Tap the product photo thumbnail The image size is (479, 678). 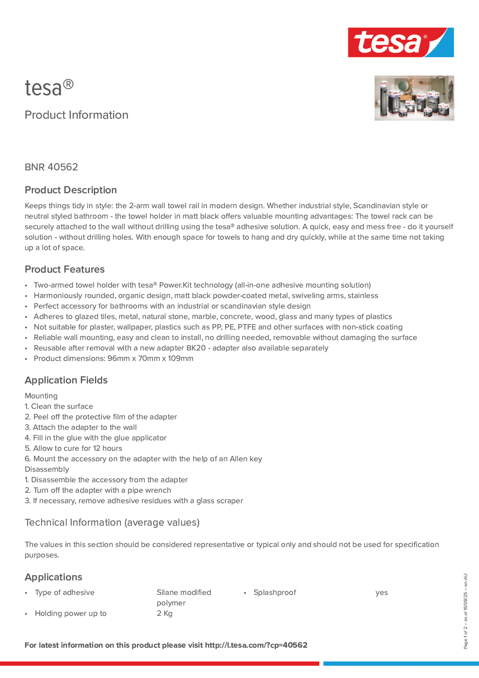coord(414,98)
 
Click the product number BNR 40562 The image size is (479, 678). coord(51,167)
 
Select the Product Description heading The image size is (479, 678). coord(71,190)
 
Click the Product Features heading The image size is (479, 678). coord(65,269)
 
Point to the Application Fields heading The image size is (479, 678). coord(66,380)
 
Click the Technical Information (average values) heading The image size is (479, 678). coord(112,522)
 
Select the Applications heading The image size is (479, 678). coord(54,577)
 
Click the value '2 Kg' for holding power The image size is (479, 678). coord(164,613)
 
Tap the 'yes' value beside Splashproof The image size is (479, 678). coord(382,592)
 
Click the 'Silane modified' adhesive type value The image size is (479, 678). coord(184,592)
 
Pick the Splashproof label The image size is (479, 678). coord(275,592)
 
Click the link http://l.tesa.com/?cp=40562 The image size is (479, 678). coord(256,645)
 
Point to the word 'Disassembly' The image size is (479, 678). coord(47,469)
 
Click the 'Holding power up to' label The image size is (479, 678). coord(71,613)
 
